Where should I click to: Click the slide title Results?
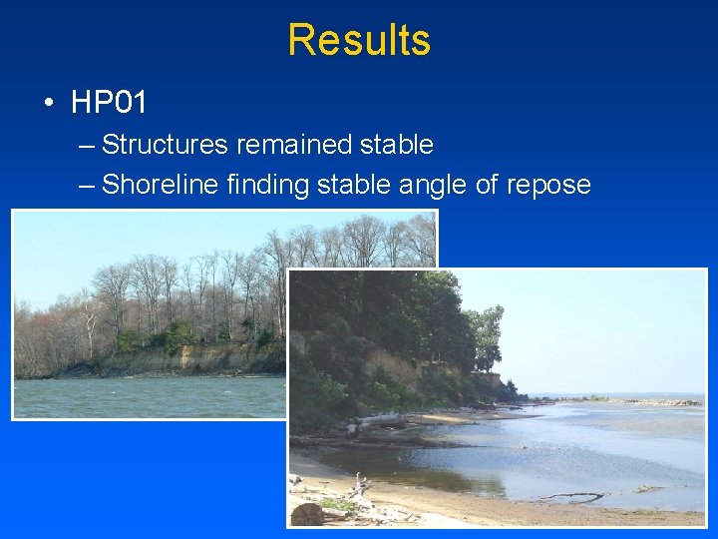pos(359,40)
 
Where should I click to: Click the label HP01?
pos(109,102)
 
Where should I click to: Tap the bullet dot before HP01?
pos(49,103)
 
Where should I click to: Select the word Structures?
pos(165,145)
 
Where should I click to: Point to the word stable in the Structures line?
pos(396,145)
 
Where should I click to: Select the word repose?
pos(549,185)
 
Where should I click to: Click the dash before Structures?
pos(86,146)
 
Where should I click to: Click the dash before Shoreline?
pos(86,186)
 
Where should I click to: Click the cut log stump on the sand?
pos(307,513)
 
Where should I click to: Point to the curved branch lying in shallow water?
pos(573,495)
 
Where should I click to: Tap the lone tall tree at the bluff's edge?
pos(488,334)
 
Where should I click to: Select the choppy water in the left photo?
pos(150,396)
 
